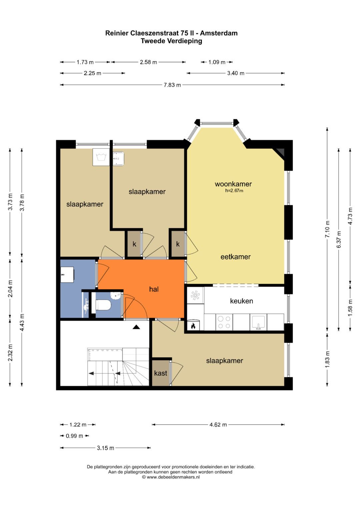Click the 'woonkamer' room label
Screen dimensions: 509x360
coord(233,184)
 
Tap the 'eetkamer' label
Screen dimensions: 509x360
coord(235,257)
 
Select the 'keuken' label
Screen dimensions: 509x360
coord(241,301)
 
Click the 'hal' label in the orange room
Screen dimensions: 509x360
coord(154,289)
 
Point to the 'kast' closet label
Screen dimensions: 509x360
coord(160,373)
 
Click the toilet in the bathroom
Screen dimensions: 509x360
coord(103,305)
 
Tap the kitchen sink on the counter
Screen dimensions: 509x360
coord(258,322)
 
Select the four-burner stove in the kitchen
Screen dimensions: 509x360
coord(224,322)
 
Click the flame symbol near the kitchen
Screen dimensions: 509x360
coord(193,325)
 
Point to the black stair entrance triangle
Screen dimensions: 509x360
coord(136,327)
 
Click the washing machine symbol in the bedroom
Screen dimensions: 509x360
coord(101,157)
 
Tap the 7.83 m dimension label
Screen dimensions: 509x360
coord(172,85)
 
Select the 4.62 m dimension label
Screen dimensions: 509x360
coord(218,425)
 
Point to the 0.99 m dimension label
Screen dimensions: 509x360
coord(74,436)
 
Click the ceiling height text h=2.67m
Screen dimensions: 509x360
coord(234,191)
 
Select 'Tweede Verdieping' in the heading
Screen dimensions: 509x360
coord(171,41)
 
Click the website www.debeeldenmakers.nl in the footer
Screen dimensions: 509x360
coord(173,477)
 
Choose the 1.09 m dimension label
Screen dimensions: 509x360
coord(217,62)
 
